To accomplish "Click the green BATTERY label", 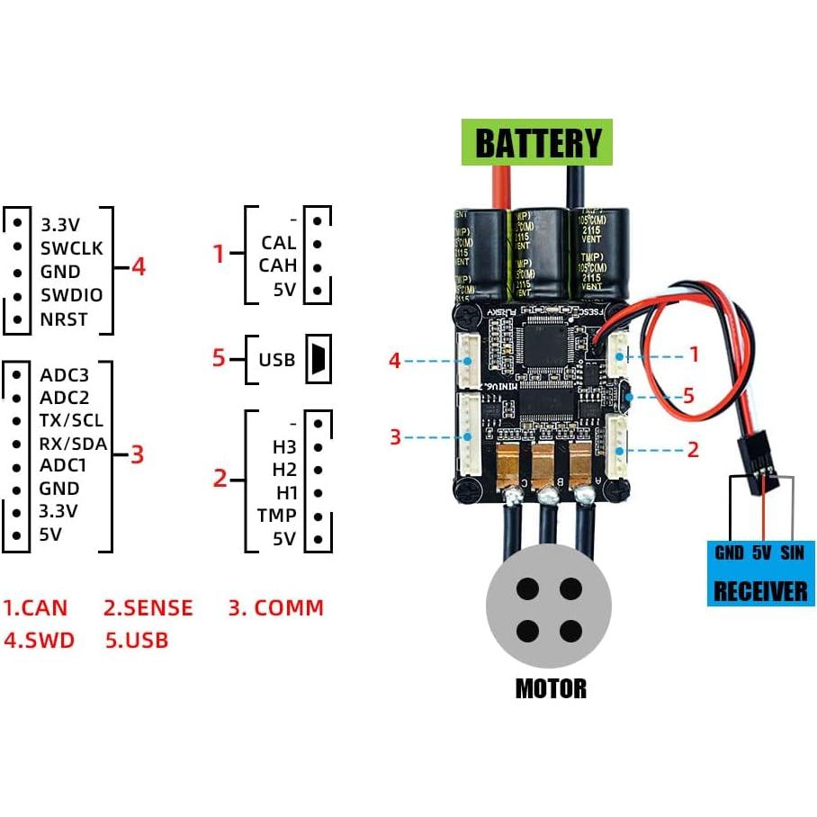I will (x=538, y=143).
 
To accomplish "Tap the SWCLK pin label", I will (x=72, y=247).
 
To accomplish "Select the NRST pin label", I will (x=65, y=319).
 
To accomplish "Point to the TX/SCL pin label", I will (x=72, y=420).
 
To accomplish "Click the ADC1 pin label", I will (x=64, y=465).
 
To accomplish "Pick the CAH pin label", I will (x=277, y=265).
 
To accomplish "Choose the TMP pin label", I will (x=276, y=516).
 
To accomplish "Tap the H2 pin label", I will (x=284, y=470).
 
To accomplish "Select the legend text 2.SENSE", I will (x=148, y=608).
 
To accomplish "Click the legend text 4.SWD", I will (x=39, y=641).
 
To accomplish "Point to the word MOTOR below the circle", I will (x=551, y=689).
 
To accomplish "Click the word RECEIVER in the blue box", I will (x=760, y=591).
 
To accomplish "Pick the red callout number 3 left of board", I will (x=395, y=437).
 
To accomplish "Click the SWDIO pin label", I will (x=72, y=295).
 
